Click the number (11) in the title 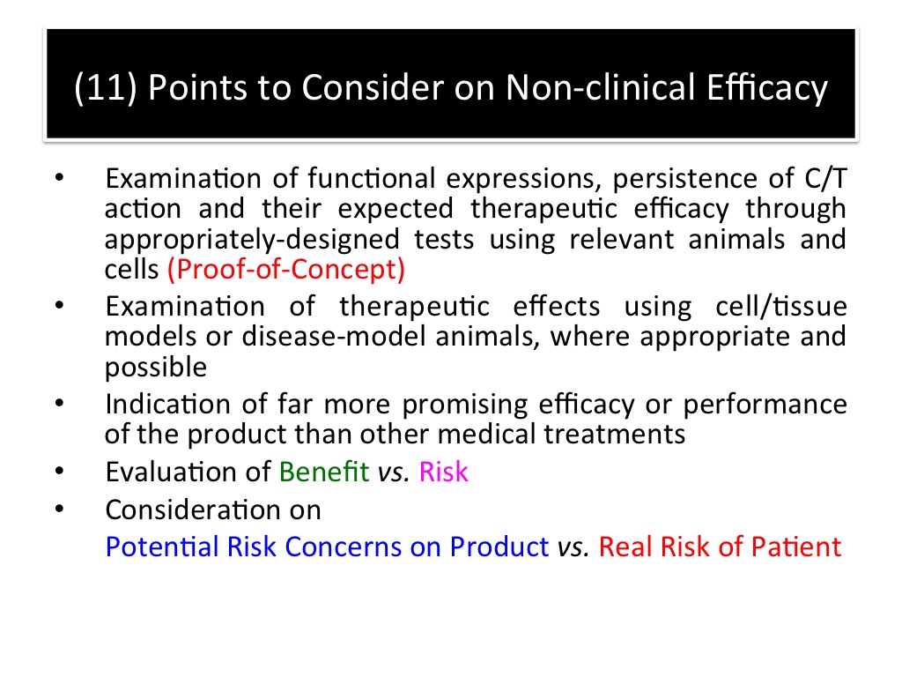106,88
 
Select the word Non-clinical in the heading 601,87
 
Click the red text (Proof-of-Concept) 286,270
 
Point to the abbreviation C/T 825,178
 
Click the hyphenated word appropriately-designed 252,240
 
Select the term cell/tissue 781,306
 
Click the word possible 156,368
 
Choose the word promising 465,405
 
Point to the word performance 765,405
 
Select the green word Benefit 324,472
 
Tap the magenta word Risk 444,472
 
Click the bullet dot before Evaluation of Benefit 59,471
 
